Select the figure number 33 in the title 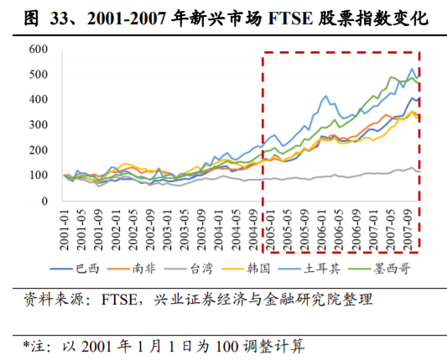pos(60,17)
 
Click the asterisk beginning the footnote pos(26,344)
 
